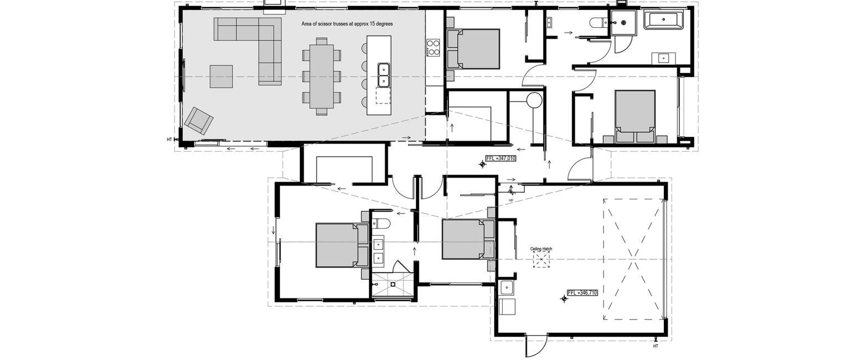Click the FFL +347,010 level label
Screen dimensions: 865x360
(x=500, y=158)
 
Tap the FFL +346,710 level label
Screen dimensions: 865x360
(x=582, y=293)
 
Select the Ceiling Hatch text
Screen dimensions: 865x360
(x=541, y=249)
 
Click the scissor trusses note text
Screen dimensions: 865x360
(x=347, y=24)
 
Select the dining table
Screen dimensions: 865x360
(x=321, y=76)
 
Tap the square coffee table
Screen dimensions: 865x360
(x=221, y=76)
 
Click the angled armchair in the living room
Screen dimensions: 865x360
(x=199, y=120)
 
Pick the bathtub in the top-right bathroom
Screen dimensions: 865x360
(x=663, y=19)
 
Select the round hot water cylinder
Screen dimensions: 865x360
(x=535, y=100)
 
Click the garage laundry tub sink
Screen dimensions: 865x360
(x=506, y=287)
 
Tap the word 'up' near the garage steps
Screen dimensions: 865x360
(x=511, y=200)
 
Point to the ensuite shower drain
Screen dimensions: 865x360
(x=393, y=284)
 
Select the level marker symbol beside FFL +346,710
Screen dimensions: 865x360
(x=564, y=299)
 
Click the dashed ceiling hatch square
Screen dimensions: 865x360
(x=541, y=260)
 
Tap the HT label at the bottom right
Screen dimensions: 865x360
(x=656, y=346)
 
